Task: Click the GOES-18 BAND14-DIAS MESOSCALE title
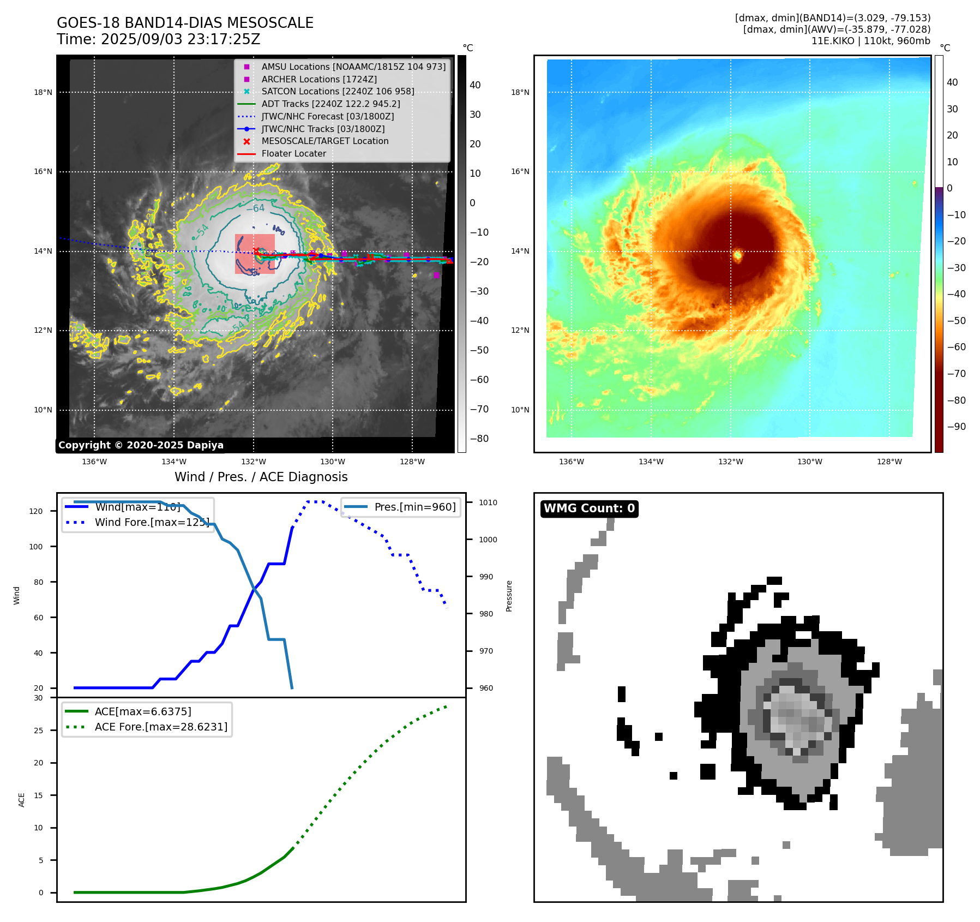click(185, 23)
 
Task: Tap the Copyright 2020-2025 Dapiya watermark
click(141, 445)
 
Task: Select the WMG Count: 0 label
click(589, 508)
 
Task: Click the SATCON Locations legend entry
click(338, 92)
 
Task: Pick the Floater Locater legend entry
click(293, 154)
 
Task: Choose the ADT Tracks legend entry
click(330, 104)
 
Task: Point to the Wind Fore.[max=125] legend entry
click(152, 522)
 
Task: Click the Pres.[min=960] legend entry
click(414, 507)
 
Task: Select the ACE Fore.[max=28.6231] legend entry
click(161, 727)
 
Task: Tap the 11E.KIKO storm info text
click(870, 41)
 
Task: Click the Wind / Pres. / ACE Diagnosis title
click(261, 477)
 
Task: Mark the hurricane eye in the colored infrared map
click(737, 255)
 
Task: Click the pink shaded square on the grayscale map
click(255, 254)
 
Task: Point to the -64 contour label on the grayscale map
click(255, 208)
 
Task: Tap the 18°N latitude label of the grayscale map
click(43, 92)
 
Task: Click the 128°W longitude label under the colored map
click(889, 462)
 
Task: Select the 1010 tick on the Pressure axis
click(488, 502)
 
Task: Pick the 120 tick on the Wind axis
click(36, 511)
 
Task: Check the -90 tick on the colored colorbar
click(956, 427)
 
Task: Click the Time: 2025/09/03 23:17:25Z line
click(158, 39)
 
